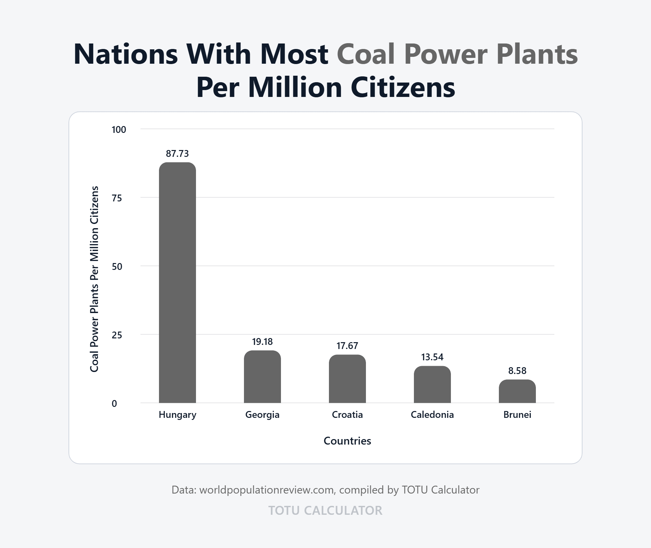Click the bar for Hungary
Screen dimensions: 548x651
click(x=177, y=283)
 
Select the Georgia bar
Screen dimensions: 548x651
click(x=262, y=377)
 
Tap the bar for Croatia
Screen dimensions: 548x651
click(x=347, y=379)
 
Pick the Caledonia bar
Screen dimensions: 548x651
click(x=432, y=384)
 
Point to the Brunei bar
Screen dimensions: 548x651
click(x=517, y=391)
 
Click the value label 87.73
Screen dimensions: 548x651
click(x=177, y=153)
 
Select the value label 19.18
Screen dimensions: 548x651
click(x=262, y=341)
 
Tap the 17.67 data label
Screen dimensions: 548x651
click(x=347, y=346)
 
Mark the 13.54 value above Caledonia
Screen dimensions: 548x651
click(x=432, y=357)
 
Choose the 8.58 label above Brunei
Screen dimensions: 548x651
click(x=517, y=371)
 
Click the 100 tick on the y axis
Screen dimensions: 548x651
click(x=119, y=129)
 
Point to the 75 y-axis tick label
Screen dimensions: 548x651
click(x=117, y=198)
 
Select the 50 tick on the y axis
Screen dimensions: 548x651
click(x=117, y=266)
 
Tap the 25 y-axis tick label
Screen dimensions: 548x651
click(x=117, y=335)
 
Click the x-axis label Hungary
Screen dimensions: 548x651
click(x=177, y=415)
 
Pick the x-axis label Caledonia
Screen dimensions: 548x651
click(x=432, y=415)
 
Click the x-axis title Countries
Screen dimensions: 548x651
click(x=347, y=441)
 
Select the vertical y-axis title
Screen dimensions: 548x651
click(x=94, y=279)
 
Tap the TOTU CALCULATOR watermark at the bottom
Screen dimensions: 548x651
click(x=325, y=510)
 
